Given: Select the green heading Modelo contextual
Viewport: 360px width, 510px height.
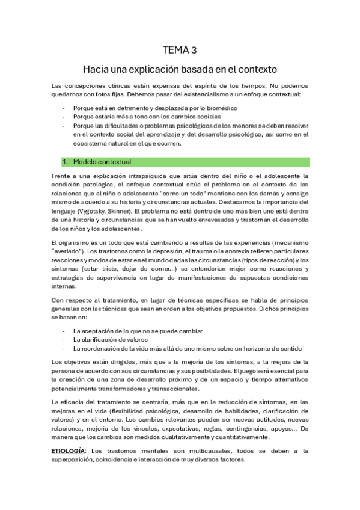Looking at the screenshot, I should coord(102,162).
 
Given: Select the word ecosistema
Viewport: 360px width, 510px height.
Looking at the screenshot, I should coord(92,143).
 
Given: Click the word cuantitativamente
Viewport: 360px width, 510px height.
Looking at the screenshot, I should coord(237,437).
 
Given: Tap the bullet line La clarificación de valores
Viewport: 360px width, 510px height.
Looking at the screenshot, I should coord(107,340).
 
